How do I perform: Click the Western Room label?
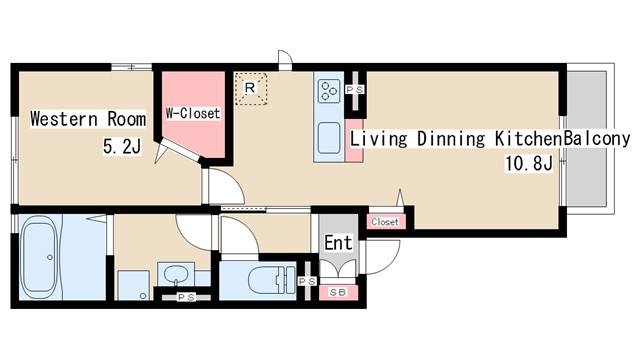[88, 119]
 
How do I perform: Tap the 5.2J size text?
[122, 146]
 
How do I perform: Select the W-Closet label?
[193, 113]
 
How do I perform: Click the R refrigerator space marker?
[250, 87]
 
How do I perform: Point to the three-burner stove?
[329, 91]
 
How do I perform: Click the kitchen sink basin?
[329, 138]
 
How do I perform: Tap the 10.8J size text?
[529, 163]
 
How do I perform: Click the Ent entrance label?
[338, 242]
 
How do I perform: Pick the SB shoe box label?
[338, 292]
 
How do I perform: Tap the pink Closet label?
[384, 222]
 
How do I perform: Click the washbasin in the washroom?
[176, 273]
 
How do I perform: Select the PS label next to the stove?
[355, 89]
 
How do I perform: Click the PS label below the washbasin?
[186, 298]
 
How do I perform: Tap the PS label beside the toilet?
[307, 281]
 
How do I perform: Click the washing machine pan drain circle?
[143, 296]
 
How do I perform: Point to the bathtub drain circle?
[50, 257]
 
